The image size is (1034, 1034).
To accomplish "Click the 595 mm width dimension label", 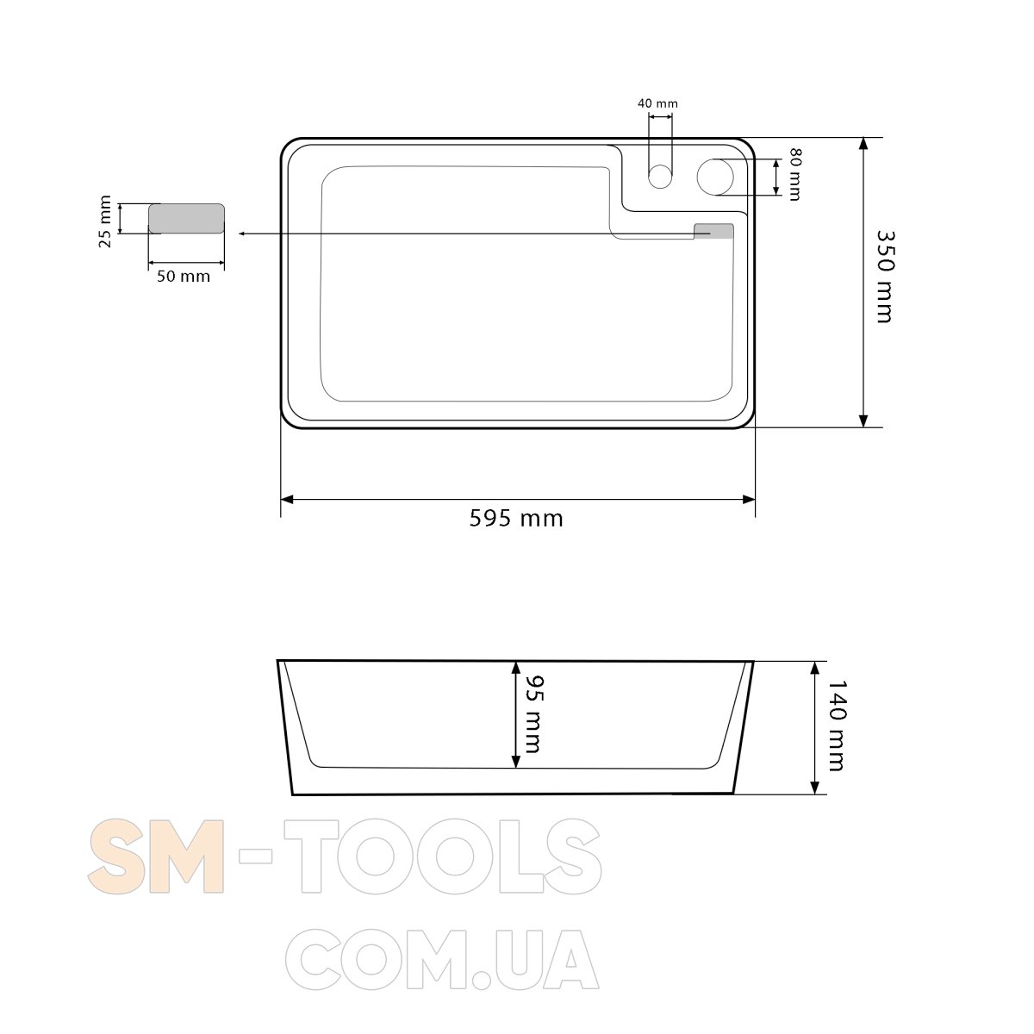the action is click(516, 519).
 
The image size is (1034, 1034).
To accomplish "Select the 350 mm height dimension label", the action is click(885, 277).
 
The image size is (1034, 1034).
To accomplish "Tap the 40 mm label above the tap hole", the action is click(657, 103).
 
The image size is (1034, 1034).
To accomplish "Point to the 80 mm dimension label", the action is click(795, 174).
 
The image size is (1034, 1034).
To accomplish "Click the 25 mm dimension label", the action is click(105, 221).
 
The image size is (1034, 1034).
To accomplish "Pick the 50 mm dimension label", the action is click(184, 277).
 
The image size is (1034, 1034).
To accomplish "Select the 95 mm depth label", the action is click(534, 714).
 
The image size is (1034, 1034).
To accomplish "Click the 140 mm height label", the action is click(837, 726).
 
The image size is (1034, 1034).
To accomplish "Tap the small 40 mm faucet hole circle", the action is click(659, 177).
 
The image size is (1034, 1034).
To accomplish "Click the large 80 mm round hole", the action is click(714, 177).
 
